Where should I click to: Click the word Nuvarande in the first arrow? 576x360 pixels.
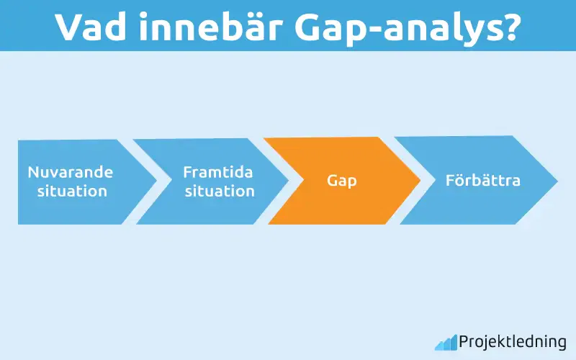(71, 173)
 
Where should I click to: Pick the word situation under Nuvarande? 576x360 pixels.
(71, 191)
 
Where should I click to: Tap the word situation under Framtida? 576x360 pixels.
(219, 192)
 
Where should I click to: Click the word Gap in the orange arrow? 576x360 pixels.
(342, 180)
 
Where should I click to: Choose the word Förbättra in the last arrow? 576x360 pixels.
(483, 180)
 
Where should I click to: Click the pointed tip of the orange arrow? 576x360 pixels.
(420, 180)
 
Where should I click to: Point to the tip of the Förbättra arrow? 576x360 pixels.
(557, 180)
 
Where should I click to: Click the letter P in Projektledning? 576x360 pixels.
(464, 342)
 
